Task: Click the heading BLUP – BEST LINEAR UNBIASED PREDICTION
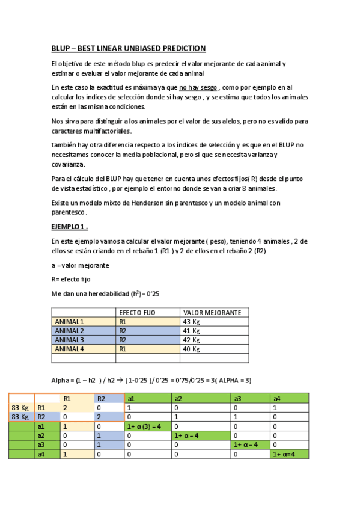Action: pos(128,48)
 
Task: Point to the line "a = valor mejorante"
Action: pos(79,265)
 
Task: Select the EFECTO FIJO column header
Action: pos(137,313)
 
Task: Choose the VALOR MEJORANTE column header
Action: pos(212,313)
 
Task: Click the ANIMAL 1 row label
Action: pos(70,322)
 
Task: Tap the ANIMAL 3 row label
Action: pos(70,340)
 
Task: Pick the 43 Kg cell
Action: pos(191,322)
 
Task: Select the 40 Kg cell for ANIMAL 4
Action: pos(191,349)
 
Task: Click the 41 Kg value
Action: pos(191,331)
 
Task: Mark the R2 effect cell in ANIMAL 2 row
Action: pos(123,331)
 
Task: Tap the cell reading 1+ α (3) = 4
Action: pos(145,426)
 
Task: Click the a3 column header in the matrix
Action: pos(237,398)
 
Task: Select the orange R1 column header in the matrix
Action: pos(67,398)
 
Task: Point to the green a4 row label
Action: pos(41,455)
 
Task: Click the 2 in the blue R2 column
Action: pos(99,416)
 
